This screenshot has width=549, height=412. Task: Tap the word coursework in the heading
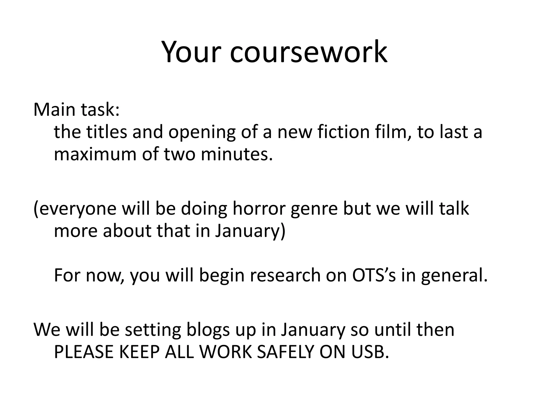pyautogui.click(x=308, y=52)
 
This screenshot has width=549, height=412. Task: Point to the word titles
pyautogui.click(x=107, y=132)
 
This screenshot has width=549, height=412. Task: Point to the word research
pyautogui.click(x=285, y=275)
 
